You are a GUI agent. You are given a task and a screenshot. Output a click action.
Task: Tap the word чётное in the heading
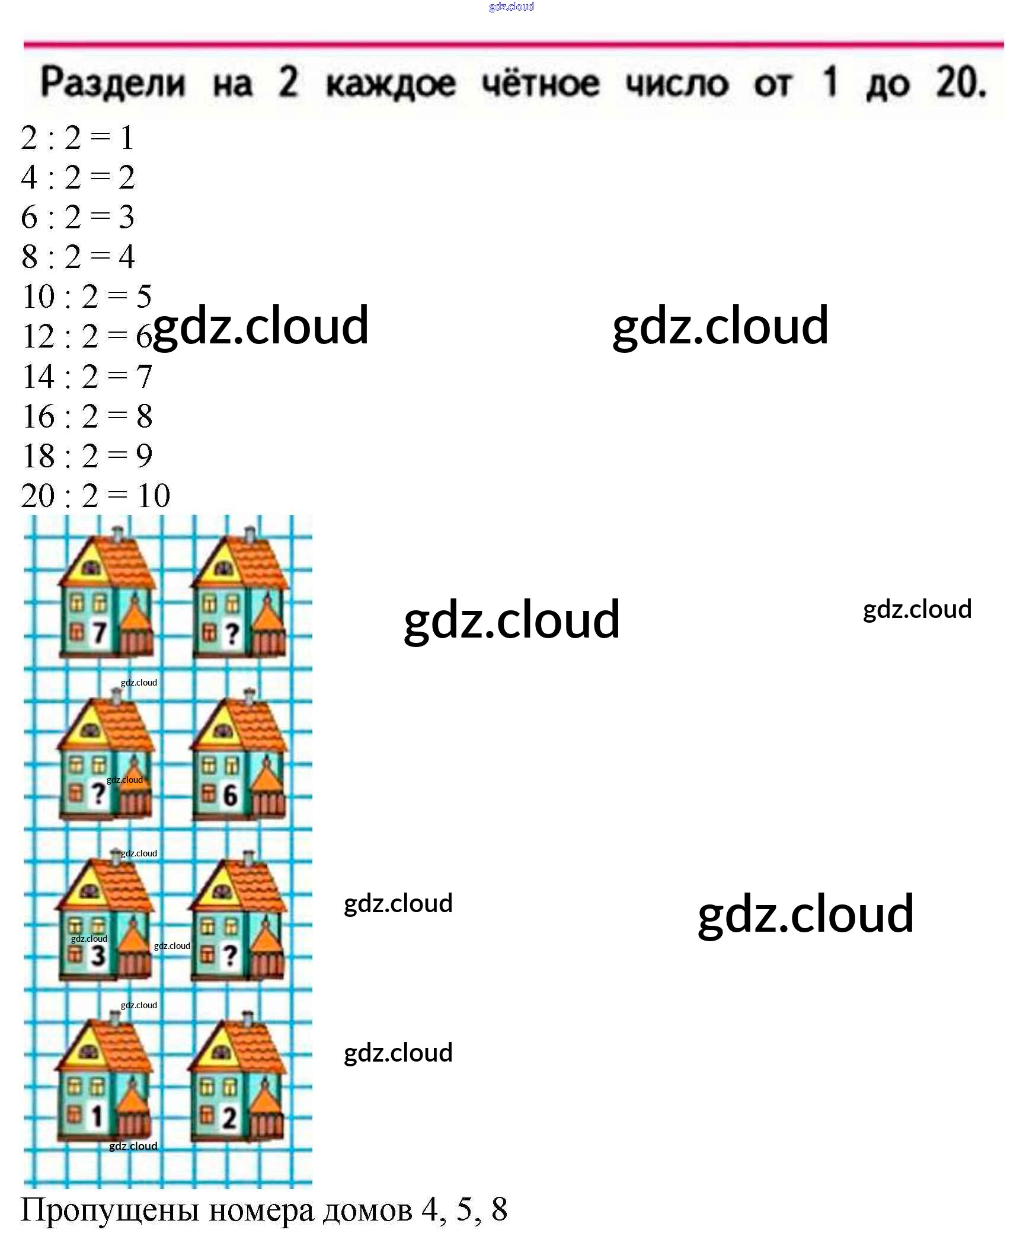[x=540, y=82]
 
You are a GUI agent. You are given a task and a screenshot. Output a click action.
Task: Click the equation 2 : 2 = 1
[x=77, y=138]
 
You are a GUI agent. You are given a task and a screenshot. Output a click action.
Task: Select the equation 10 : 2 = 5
[x=87, y=296]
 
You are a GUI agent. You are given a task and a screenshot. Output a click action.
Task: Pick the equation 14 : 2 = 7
[x=87, y=376]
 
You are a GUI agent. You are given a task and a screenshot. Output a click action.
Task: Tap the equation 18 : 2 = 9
[x=87, y=455]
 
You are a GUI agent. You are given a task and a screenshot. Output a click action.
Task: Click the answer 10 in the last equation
[x=154, y=495]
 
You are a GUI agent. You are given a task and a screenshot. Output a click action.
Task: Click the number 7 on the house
[x=98, y=633]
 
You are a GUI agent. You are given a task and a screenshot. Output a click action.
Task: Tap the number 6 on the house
[x=230, y=795]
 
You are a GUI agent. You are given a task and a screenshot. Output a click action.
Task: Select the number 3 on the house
[x=98, y=955]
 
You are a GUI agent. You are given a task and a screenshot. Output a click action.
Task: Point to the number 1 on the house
[x=97, y=1116]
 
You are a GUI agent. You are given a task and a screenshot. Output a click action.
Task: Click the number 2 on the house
[x=229, y=1117]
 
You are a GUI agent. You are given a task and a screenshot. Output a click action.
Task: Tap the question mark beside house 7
[x=232, y=634]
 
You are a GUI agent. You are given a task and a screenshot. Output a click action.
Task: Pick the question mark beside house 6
[x=98, y=794]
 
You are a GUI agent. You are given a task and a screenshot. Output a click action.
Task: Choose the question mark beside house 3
[x=231, y=955]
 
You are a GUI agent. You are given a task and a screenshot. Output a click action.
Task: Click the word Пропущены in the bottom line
[x=110, y=1209]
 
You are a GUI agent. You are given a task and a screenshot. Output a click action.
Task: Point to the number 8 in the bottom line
[x=499, y=1209]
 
